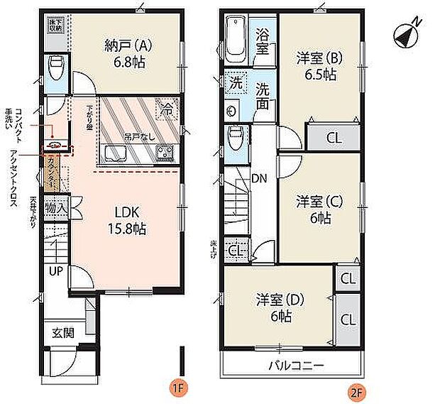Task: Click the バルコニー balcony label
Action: click(297, 367)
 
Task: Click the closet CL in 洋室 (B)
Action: click(333, 137)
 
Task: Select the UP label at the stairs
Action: click(55, 271)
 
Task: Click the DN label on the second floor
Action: click(260, 178)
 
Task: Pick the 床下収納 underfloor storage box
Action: click(55, 26)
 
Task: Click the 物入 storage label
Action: click(56, 209)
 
